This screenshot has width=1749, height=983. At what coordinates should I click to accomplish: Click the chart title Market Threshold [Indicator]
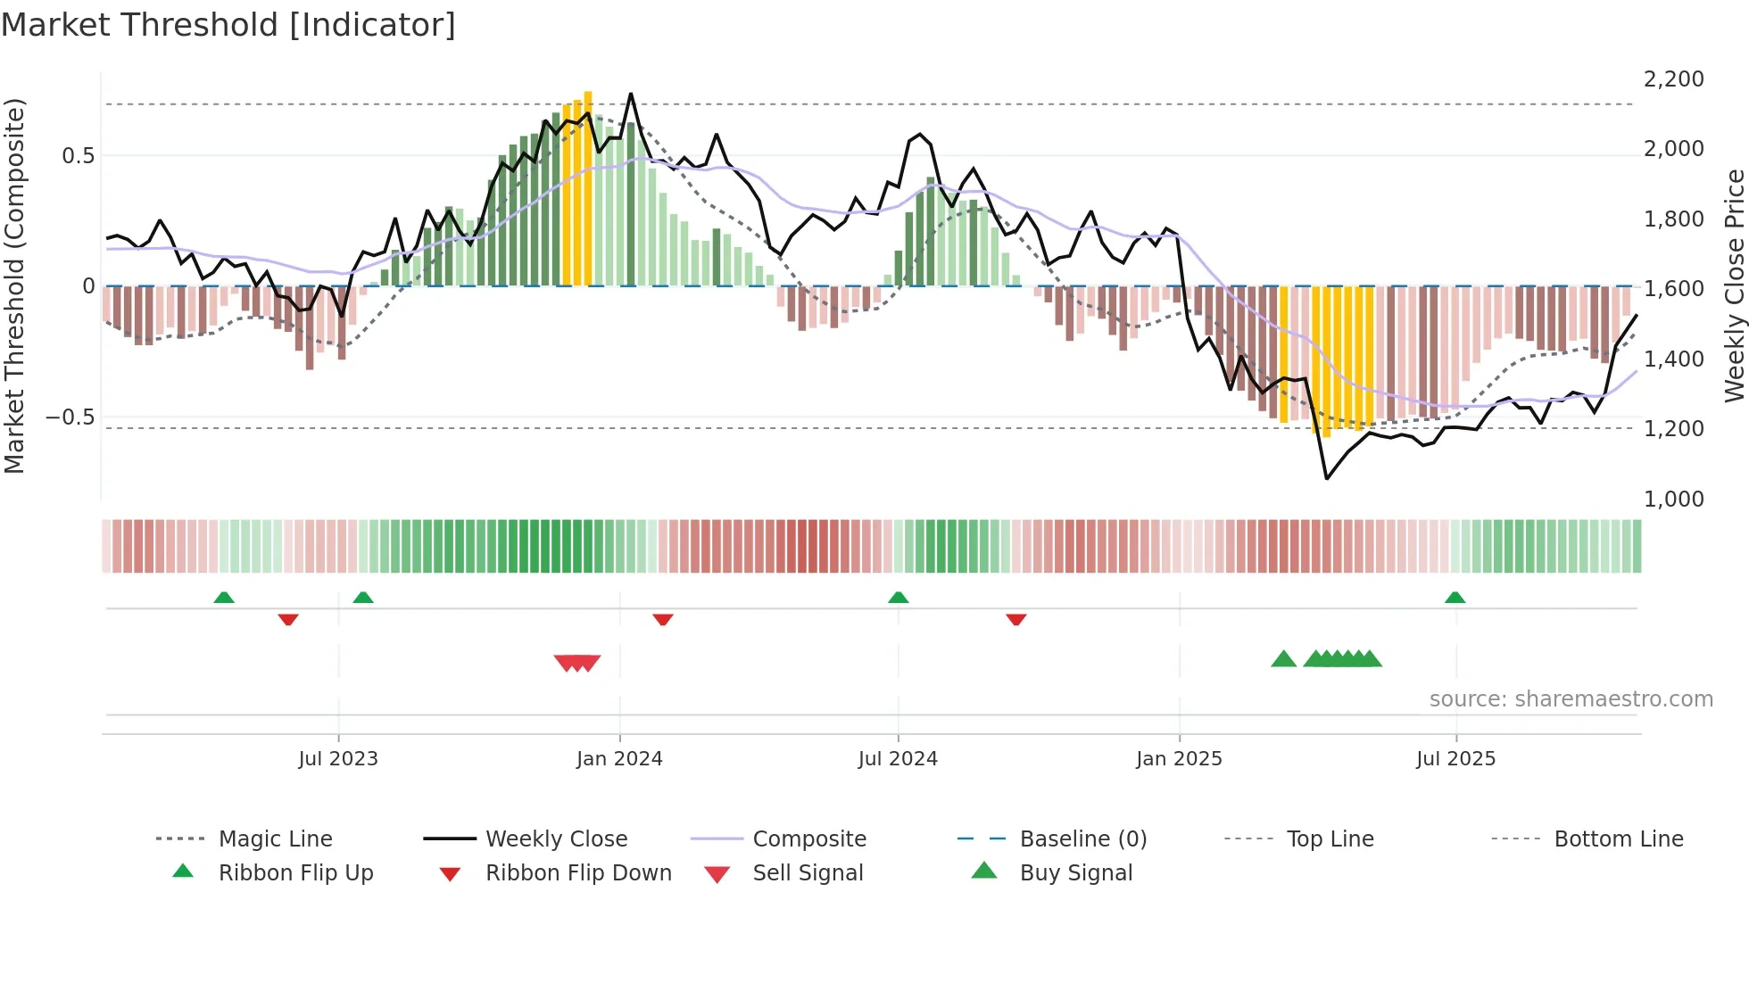point(228,25)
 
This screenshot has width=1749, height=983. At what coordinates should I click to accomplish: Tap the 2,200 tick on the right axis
point(1673,79)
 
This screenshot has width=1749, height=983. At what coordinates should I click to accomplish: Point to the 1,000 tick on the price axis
point(1673,500)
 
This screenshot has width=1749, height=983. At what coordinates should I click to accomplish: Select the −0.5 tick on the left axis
point(70,417)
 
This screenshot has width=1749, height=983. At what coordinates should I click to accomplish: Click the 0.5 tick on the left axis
point(78,156)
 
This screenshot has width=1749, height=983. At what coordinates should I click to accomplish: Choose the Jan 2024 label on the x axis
point(619,759)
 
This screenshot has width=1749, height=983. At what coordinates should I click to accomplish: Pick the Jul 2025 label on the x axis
point(1455,759)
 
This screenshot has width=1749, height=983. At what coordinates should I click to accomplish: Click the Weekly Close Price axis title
point(1734,285)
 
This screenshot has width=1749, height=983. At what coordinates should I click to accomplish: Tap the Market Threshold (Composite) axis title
point(14,285)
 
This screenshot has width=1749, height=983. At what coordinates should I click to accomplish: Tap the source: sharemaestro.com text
point(1571,699)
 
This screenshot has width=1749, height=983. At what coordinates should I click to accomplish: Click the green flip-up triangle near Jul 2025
point(1455,598)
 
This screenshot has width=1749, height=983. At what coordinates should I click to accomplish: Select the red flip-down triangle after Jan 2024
point(662,619)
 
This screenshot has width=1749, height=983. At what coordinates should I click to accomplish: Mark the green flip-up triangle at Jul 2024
point(899,598)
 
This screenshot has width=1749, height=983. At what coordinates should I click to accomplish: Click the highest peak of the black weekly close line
point(631,94)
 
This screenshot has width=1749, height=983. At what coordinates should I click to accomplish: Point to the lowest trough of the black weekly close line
point(1327,478)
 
